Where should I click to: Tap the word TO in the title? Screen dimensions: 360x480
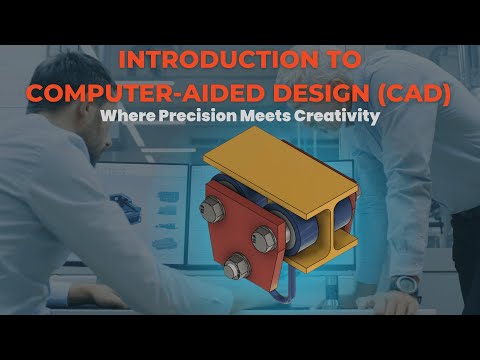(339, 61)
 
